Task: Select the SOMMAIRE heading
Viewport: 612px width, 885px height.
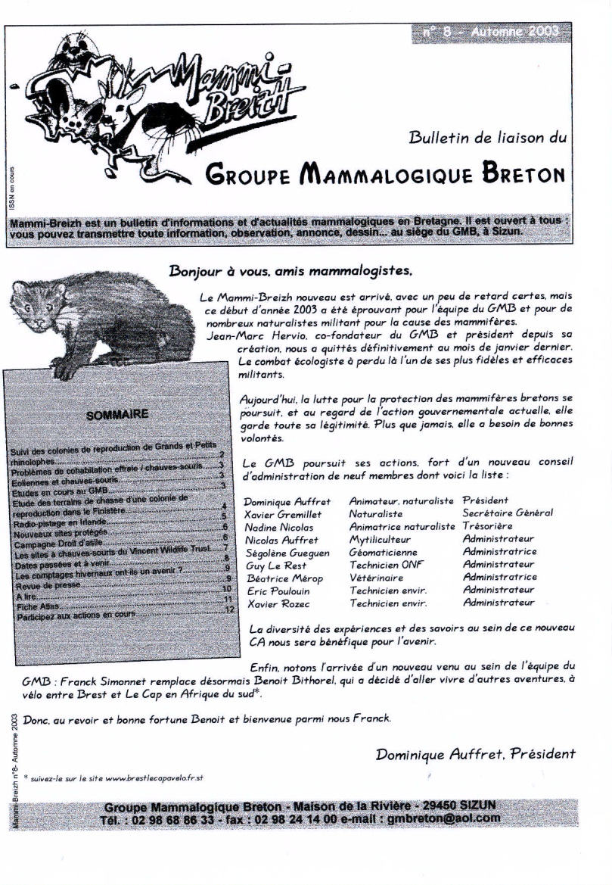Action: click(x=117, y=414)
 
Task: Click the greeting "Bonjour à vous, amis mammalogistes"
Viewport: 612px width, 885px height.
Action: click(x=291, y=270)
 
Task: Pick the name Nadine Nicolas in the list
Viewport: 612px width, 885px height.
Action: click(x=278, y=526)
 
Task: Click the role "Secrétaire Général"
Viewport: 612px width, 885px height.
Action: click(x=507, y=513)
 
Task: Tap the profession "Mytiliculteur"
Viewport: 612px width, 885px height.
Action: click(x=380, y=540)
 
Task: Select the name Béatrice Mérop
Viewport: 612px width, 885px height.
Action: click(x=280, y=578)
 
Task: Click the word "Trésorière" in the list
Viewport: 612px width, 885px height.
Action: click(x=487, y=526)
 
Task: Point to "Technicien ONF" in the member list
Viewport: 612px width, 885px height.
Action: click(x=387, y=565)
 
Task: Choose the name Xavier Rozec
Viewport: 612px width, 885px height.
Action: click(x=274, y=603)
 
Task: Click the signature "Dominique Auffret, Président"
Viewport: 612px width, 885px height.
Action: click(x=475, y=753)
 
